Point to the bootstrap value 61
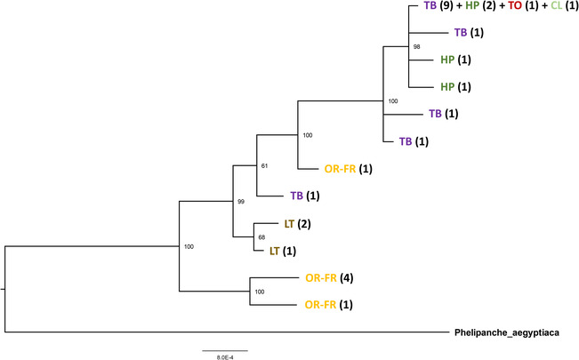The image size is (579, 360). [263, 165]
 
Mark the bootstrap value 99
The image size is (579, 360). [240, 202]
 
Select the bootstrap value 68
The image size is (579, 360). [262, 237]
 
